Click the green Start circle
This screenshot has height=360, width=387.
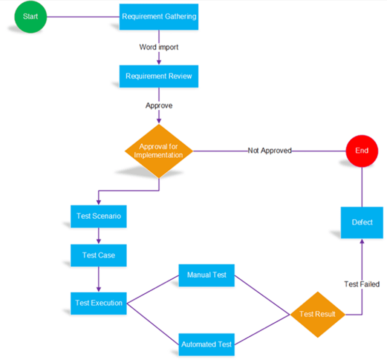tap(30, 17)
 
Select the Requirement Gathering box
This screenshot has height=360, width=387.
tap(159, 17)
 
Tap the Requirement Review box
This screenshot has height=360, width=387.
tap(159, 76)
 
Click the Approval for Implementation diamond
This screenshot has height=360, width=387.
tap(159, 151)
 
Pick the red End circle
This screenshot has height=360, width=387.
tap(362, 150)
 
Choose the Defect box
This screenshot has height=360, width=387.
tap(362, 223)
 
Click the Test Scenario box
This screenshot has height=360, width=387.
tap(99, 216)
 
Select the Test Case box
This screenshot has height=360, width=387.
tap(99, 255)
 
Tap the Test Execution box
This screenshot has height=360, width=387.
tap(99, 303)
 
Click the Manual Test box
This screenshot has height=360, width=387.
tap(207, 275)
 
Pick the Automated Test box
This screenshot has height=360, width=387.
tap(207, 345)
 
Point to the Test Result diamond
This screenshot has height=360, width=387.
tap(317, 315)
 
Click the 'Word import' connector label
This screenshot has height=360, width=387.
tap(159, 47)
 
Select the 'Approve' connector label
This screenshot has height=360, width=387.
tap(159, 105)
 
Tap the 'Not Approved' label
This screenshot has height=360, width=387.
tap(269, 150)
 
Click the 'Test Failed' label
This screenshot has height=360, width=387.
tap(362, 284)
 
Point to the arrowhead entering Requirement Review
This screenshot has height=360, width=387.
tap(159, 62)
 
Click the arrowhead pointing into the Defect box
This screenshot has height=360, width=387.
tap(362, 242)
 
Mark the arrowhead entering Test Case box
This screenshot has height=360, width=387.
tap(99, 241)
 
